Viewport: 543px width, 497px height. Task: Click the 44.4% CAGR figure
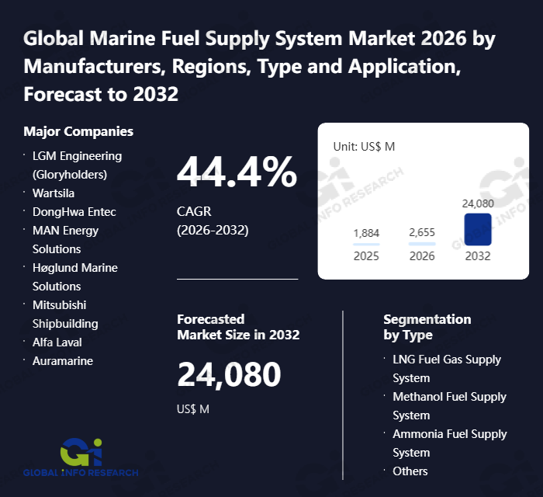point(237,172)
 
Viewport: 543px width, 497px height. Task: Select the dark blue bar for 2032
point(478,230)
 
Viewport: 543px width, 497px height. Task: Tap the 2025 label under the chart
point(366,255)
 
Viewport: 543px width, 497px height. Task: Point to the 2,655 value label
point(422,233)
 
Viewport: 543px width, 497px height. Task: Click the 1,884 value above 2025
point(366,233)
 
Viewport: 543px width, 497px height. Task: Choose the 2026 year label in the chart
point(422,255)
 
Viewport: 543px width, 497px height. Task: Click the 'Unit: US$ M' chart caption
point(364,146)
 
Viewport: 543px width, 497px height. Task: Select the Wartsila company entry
point(54,193)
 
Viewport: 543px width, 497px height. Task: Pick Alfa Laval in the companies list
point(57,342)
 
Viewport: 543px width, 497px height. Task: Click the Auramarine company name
point(63,360)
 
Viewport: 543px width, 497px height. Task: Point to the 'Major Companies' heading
point(78,131)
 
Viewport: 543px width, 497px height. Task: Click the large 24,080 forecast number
point(229,374)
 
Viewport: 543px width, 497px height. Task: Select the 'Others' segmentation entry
point(410,471)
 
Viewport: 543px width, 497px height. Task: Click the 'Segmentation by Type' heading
point(427,327)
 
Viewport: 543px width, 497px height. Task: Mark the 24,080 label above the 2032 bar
point(478,203)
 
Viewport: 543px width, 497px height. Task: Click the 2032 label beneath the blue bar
point(478,255)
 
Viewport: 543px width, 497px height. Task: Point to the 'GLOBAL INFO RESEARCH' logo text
point(81,472)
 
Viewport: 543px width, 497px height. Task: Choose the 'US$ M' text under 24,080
point(193,409)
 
